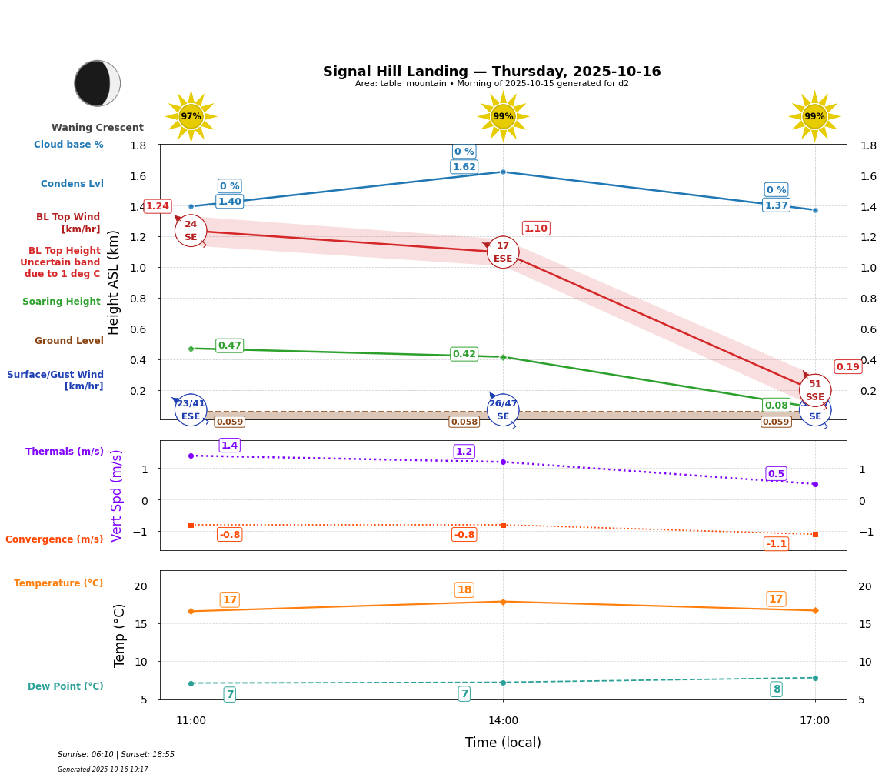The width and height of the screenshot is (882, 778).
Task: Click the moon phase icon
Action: point(97,83)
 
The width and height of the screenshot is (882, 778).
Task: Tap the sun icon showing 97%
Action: point(191,116)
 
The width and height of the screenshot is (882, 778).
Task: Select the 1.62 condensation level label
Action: point(464,167)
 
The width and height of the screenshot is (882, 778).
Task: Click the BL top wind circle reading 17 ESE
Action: point(503,252)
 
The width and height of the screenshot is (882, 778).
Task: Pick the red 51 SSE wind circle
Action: point(814,390)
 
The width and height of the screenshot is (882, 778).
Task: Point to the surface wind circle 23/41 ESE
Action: point(191,409)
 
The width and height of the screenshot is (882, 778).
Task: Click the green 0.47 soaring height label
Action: point(229,346)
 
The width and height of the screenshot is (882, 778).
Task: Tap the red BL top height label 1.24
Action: point(157,206)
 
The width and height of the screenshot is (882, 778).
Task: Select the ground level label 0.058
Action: point(464,422)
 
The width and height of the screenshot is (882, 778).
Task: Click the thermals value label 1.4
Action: point(229,446)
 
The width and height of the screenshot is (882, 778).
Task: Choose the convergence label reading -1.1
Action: point(776,544)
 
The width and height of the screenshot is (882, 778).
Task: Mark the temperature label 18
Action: point(464,590)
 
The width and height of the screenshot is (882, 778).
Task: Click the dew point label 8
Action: point(776,690)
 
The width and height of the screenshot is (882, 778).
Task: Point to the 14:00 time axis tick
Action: point(503,720)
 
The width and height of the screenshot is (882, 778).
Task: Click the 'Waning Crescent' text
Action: point(98,128)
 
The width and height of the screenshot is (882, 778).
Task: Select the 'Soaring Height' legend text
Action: point(62,302)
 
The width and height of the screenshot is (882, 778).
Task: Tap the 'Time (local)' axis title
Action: point(503,743)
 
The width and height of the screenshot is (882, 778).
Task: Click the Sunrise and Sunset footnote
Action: point(116,755)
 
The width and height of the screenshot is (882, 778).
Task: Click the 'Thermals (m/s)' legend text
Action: point(65,452)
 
